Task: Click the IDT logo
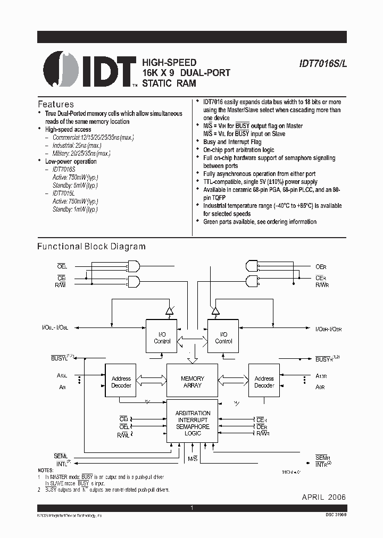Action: pyautogui.click(x=90, y=69)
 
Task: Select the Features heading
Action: pyautogui.click(x=56, y=104)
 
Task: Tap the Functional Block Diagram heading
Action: pyautogui.click(x=91, y=247)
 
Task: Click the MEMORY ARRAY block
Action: pyautogui.click(x=192, y=382)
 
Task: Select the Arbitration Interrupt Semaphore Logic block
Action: pyautogui.click(x=192, y=423)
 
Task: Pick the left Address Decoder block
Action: pyautogui.click(x=121, y=382)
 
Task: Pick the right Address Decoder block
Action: pyautogui.click(x=264, y=382)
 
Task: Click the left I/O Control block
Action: pyautogui.click(x=162, y=338)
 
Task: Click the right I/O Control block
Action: pyautogui.click(x=223, y=338)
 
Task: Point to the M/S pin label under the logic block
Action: pyautogui.click(x=192, y=458)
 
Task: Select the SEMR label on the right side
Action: pyautogui.click(x=323, y=458)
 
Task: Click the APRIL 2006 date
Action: pyautogui.click(x=324, y=497)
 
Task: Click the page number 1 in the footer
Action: pyautogui.click(x=191, y=509)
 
